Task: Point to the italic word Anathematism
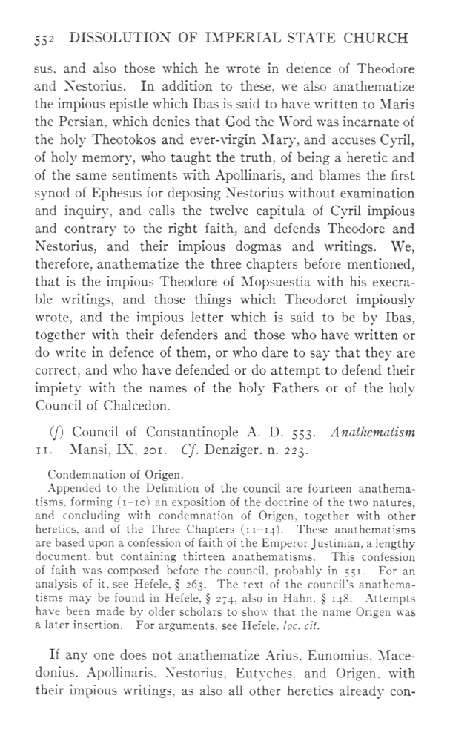377,432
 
